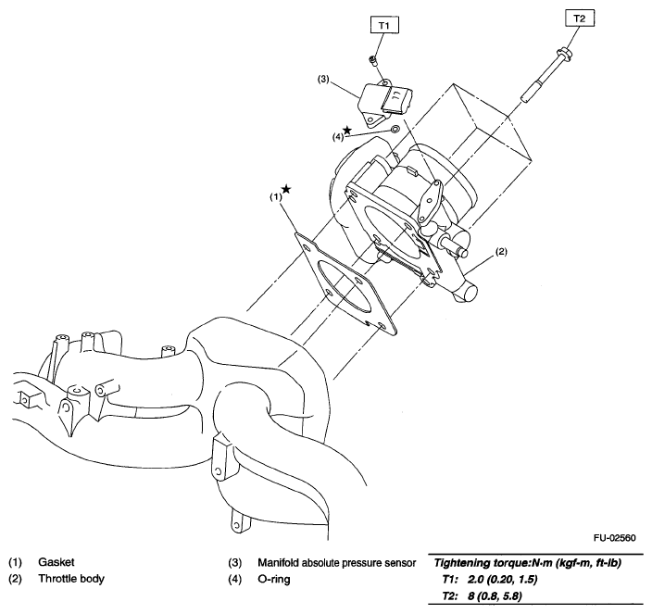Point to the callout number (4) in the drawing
tap(338, 137)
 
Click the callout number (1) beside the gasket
tap(276, 196)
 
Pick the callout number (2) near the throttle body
tap(500, 251)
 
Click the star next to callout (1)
tap(286, 189)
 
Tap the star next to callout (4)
tap(347, 130)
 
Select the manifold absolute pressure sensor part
tap(382, 102)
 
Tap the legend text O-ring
tap(276, 580)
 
